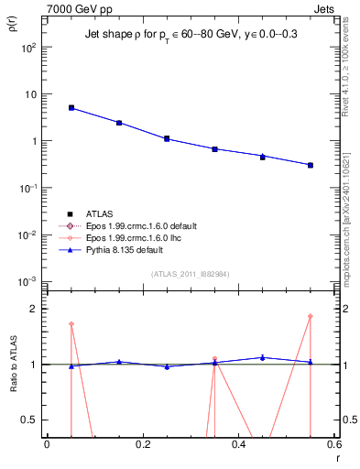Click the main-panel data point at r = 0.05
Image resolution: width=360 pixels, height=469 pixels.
click(71, 108)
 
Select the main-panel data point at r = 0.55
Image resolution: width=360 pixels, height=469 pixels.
click(311, 165)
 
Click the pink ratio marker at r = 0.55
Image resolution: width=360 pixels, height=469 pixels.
click(311, 317)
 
